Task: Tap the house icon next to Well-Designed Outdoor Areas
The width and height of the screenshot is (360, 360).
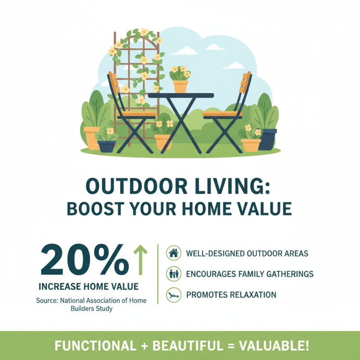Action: pyautogui.click(x=173, y=253)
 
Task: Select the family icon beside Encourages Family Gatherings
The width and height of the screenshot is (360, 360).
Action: pyautogui.click(x=173, y=274)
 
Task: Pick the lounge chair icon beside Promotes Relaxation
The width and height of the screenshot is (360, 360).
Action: pyautogui.click(x=173, y=295)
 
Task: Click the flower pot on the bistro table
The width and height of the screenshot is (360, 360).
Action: pyautogui.click(x=180, y=85)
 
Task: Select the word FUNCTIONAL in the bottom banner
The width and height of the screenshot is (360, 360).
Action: pyautogui.click(x=94, y=346)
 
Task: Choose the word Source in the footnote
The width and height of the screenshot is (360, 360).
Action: pyautogui.click(x=47, y=300)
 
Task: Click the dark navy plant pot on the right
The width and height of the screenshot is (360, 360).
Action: pyautogui.click(x=267, y=139)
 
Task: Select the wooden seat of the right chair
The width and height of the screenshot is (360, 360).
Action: pyautogui.click(x=223, y=114)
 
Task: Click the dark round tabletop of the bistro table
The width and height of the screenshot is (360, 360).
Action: pyautogui.click(x=181, y=95)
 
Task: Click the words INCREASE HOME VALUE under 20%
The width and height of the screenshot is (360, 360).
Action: pyautogui.click(x=89, y=286)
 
